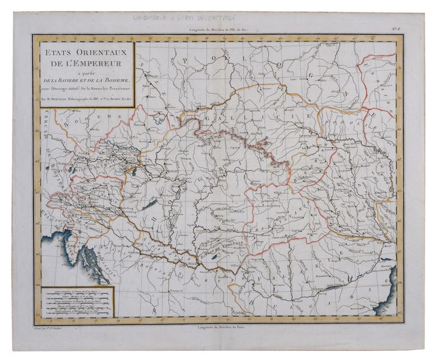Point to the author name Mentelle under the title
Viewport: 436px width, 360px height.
(57, 100)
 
